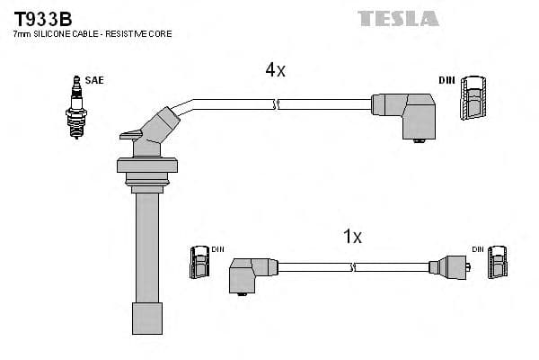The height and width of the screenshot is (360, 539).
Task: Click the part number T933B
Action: click(x=42, y=17)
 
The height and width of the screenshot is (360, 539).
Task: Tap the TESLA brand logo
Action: click(x=397, y=18)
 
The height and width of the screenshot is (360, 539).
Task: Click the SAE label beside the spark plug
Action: click(x=95, y=80)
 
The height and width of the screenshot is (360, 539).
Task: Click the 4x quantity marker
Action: click(x=275, y=70)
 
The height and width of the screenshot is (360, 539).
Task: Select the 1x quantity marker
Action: click(x=352, y=237)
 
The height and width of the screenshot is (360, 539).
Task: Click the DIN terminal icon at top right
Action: click(x=475, y=98)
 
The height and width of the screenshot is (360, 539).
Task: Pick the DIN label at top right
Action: click(x=446, y=80)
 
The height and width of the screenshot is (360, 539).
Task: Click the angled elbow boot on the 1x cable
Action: click(x=250, y=273)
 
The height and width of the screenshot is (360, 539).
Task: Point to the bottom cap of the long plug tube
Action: click(x=146, y=319)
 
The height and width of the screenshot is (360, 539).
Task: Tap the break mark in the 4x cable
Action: click(x=278, y=105)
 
